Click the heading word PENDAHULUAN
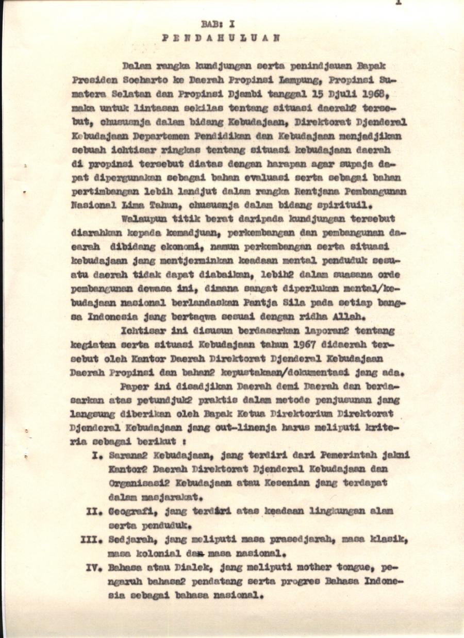pyautogui.click(x=221, y=38)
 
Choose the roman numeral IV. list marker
pyautogui.click(x=94, y=567)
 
